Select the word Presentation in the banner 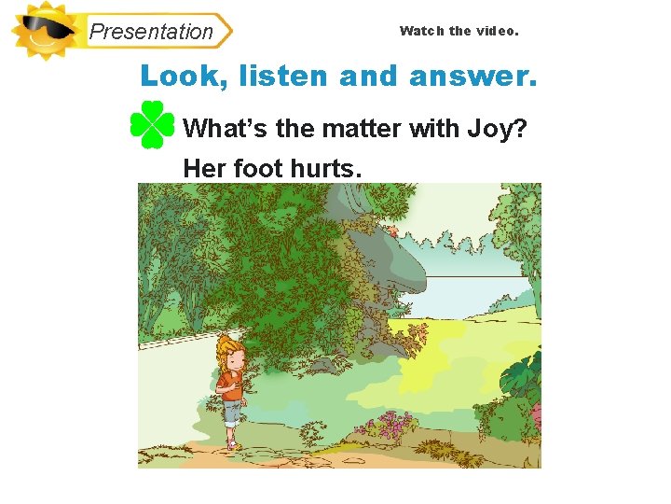[x=151, y=31]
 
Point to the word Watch [x=422, y=31]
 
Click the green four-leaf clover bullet [x=152, y=125]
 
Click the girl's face [x=232, y=358]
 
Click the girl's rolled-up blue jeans [x=232, y=413]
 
